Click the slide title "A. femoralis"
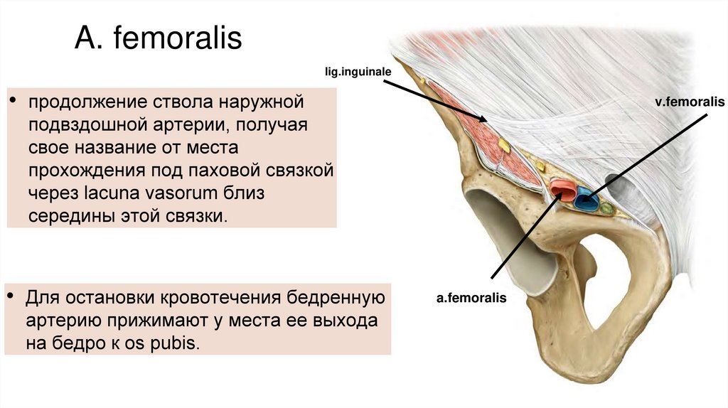pos(158,39)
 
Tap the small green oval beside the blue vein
pos(606,208)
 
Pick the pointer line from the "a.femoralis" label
pos(523,238)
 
